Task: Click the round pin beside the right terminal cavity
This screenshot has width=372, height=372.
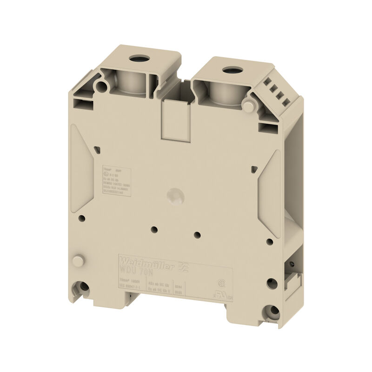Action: (249, 106)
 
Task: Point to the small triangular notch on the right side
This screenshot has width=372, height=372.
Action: (253, 168)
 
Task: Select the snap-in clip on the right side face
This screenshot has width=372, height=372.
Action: (296, 279)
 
